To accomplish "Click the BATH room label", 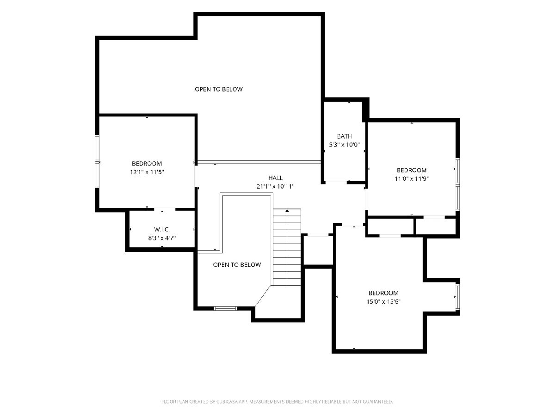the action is pyautogui.click(x=344, y=136).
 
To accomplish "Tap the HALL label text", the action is pyautogui.click(x=275, y=178).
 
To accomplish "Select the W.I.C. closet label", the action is pyautogui.click(x=162, y=229).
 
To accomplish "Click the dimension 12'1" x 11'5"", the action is pyautogui.click(x=147, y=172).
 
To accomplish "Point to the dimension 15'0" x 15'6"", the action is pyautogui.click(x=383, y=301).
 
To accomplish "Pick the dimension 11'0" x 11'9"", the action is pyautogui.click(x=412, y=179).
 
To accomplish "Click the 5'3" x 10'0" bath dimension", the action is pyautogui.click(x=344, y=145).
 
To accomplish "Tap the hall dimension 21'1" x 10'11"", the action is pyautogui.click(x=275, y=186).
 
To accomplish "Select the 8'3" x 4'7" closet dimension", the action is pyautogui.click(x=162, y=238).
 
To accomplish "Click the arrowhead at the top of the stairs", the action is pyautogui.click(x=287, y=210).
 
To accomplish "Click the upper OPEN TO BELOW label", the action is pyautogui.click(x=219, y=89).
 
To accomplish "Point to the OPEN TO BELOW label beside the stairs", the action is pyautogui.click(x=237, y=265).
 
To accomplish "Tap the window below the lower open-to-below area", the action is pyautogui.click(x=225, y=308).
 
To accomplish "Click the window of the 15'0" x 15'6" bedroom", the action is pyautogui.click(x=457, y=297).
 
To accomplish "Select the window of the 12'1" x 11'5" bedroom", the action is pyautogui.click(x=97, y=161).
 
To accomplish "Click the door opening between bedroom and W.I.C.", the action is pyautogui.click(x=165, y=209).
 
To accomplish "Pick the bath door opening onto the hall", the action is pyautogui.click(x=336, y=182).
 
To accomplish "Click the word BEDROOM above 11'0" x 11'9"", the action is pyautogui.click(x=412, y=170).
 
